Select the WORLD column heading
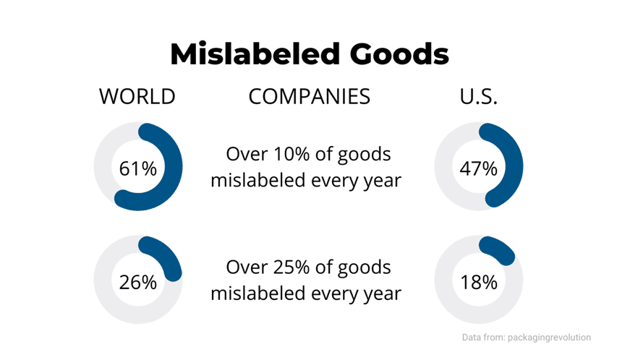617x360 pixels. click(x=137, y=97)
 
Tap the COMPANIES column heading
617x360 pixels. click(x=309, y=97)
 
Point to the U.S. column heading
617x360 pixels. click(x=479, y=97)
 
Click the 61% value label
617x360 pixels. click(x=137, y=169)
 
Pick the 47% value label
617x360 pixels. click(x=479, y=169)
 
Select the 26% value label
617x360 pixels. click(x=137, y=282)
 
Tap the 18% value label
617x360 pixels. click(x=479, y=282)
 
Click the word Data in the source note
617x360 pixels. click(x=473, y=337)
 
